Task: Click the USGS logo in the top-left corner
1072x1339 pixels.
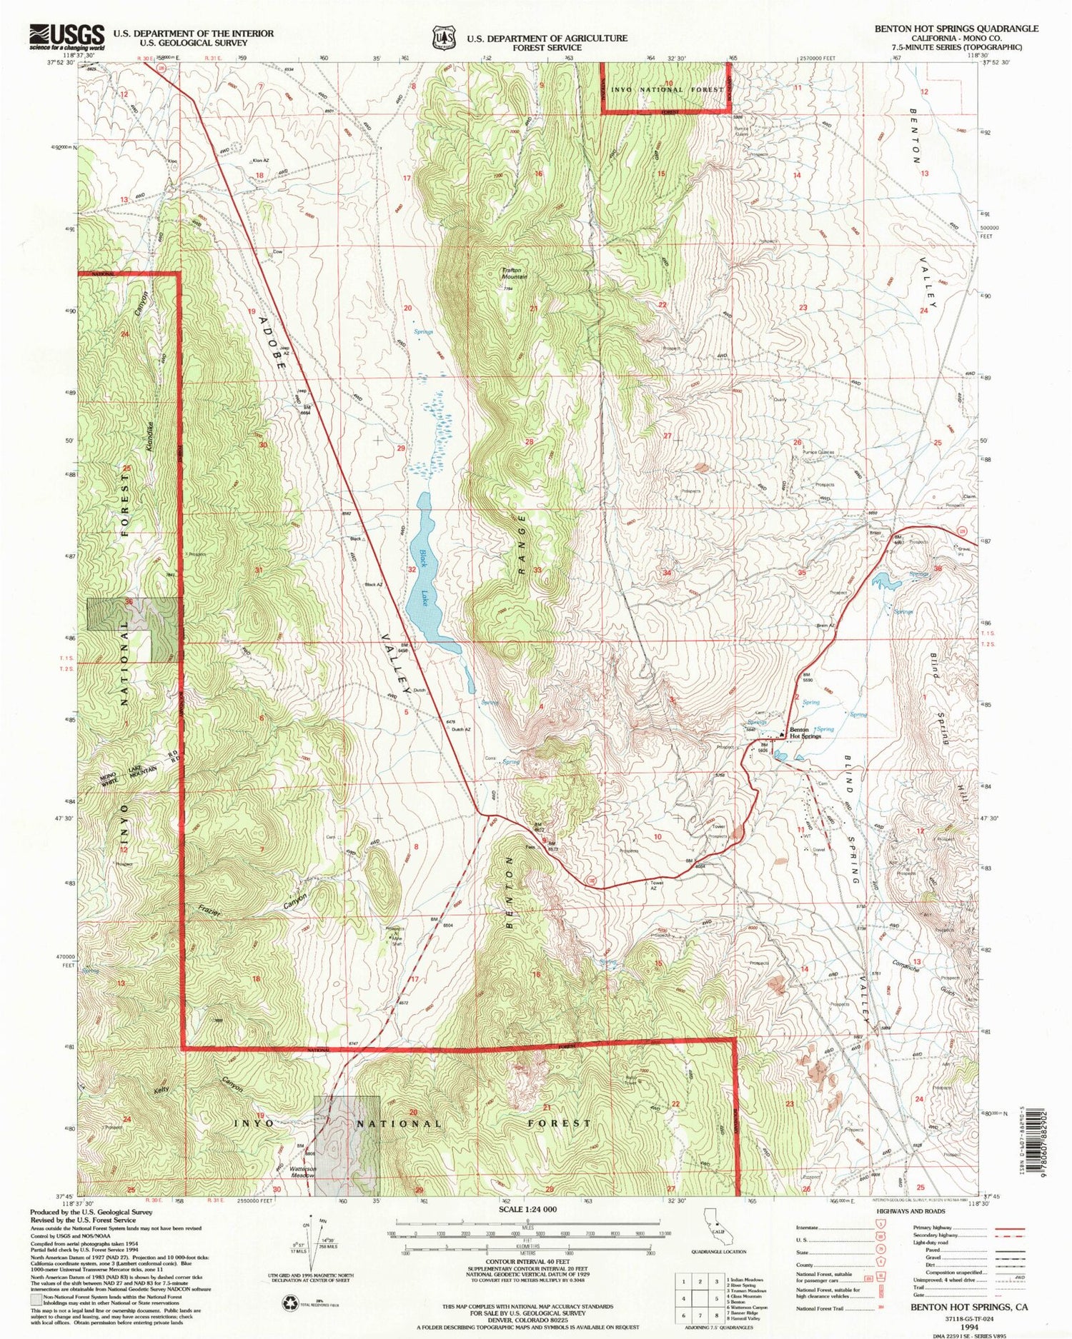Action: [x=66, y=36]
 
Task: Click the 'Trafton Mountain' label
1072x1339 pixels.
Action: [x=513, y=273]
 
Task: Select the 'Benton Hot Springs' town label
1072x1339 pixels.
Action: [x=805, y=733]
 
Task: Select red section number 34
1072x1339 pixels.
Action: [x=667, y=573]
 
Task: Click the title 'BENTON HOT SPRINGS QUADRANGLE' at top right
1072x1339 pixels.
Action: [x=956, y=29]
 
